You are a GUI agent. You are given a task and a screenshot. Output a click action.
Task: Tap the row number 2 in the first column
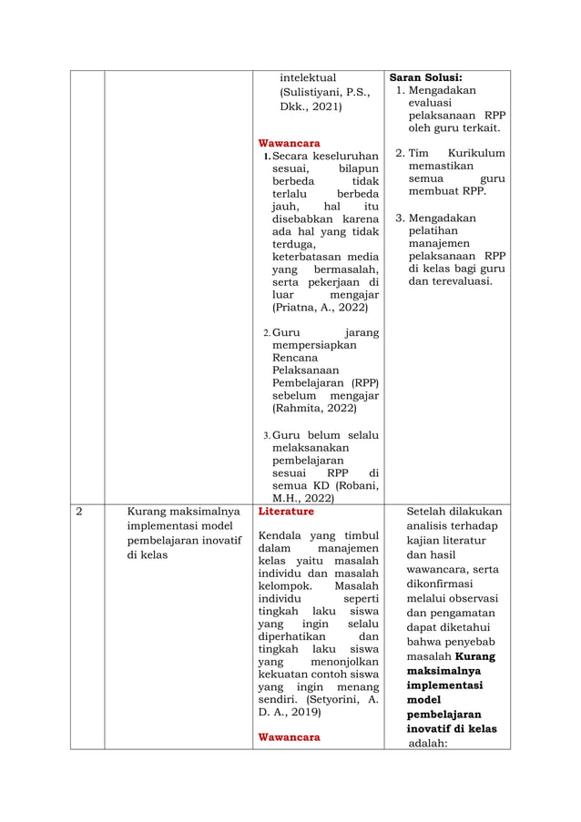78,512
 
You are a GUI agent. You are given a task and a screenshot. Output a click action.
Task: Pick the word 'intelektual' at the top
308,77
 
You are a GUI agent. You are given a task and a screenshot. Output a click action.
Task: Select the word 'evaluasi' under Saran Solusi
434,104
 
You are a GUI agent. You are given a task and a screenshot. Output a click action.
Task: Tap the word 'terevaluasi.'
450,281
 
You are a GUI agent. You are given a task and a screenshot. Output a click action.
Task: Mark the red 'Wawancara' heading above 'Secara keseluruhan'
289,144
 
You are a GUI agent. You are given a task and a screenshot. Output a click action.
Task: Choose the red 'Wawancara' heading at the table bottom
289,736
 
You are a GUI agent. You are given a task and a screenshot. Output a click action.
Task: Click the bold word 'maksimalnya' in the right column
444,671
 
